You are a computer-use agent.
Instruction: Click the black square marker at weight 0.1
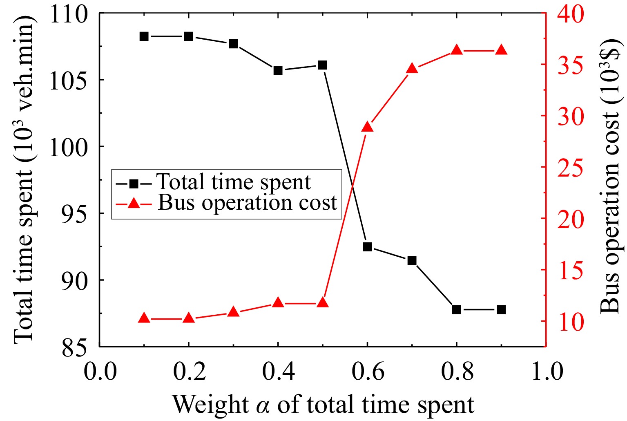(144, 36)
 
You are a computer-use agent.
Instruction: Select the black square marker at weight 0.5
(323, 65)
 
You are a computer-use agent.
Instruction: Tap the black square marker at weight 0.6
(367, 247)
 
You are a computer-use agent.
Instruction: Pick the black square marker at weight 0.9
(501, 310)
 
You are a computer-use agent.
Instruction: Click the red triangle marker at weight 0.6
(367, 127)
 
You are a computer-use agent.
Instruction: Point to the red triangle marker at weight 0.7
(412, 69)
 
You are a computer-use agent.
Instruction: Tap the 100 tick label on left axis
(68, 147)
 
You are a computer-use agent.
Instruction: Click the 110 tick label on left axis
(68, 15)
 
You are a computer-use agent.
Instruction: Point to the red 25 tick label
(571, 168)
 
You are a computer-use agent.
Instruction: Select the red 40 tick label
(571, 15)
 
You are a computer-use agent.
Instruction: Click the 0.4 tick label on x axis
(278, 372)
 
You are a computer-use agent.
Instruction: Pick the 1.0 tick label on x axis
(546, 372)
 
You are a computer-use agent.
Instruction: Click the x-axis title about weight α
(323, 405)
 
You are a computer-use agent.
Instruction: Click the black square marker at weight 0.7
(412, 260)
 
